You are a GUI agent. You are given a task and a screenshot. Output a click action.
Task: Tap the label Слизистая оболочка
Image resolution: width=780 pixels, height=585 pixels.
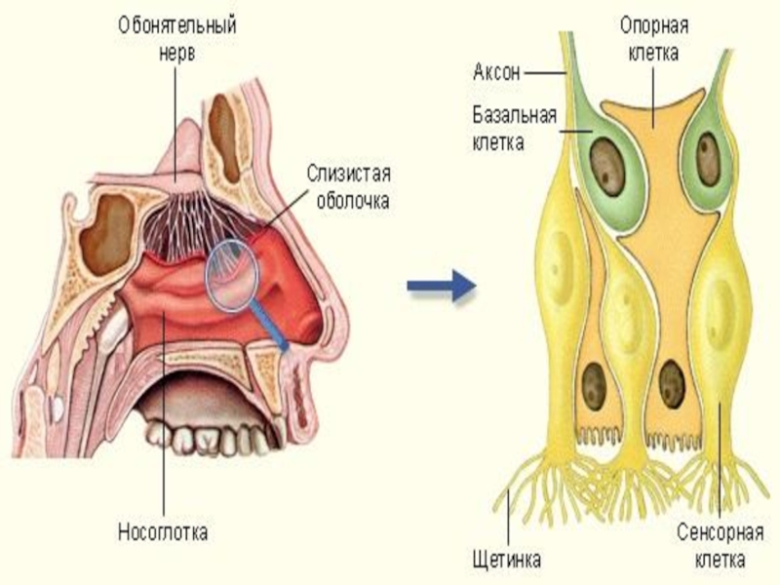(348, 187)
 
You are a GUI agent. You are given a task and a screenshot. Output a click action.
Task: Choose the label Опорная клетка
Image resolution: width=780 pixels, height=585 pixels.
(649, 38)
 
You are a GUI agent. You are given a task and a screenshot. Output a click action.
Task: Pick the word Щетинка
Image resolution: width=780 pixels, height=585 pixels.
(506, 560)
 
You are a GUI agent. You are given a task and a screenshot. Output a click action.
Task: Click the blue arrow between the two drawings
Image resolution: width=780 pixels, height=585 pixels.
(440, 286)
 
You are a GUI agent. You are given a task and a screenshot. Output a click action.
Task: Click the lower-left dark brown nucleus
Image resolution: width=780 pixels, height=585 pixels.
(594, 385)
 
